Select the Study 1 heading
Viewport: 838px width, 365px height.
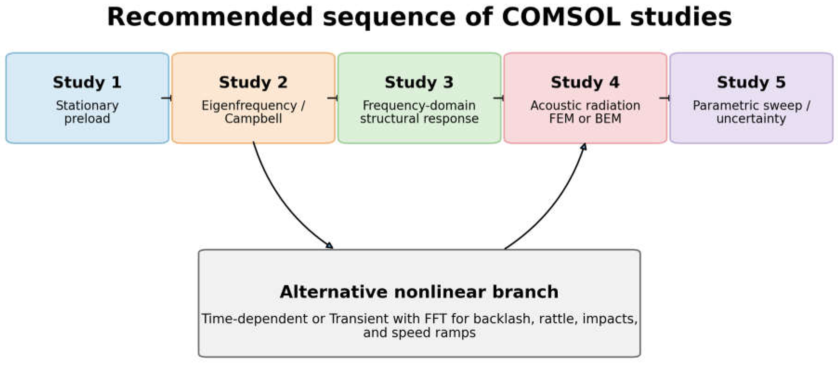[x=87, y=82]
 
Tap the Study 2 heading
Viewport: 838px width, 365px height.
[x=253, y=82]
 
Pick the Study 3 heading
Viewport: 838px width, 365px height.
[x=419, y=82]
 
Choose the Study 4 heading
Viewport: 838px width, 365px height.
[x=585, y=82]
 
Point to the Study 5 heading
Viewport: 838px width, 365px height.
[x=751, y=82]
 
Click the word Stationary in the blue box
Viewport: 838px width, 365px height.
[x=87, y=106]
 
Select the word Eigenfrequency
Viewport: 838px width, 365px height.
[x=249, y=106]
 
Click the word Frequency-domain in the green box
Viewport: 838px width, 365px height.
[x=419, y=106]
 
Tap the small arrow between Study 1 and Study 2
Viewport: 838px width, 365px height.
[x=166, y=98]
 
